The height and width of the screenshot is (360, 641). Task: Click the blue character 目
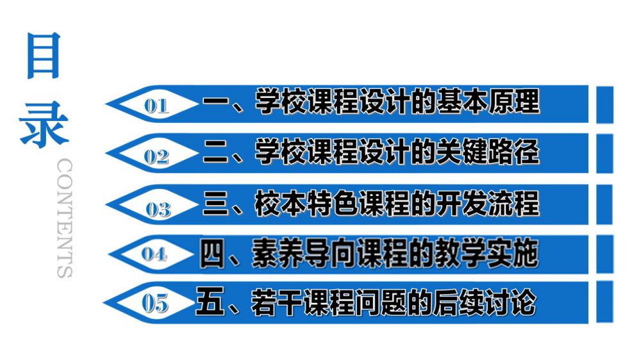44,55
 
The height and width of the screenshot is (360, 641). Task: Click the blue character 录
44,125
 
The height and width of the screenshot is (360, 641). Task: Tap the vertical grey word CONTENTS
65,218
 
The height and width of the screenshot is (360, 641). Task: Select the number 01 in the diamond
156,106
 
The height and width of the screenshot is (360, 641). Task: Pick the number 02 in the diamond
156,156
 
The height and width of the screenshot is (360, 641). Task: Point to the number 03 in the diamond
158,209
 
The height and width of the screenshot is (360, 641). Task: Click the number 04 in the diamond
154,254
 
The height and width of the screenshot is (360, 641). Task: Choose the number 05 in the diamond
155,304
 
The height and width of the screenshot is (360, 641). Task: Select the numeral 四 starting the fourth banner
213,254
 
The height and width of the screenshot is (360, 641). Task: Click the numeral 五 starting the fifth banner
210,302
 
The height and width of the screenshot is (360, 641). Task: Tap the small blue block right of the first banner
605,104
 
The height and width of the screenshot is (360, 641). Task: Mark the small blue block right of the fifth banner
605,302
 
